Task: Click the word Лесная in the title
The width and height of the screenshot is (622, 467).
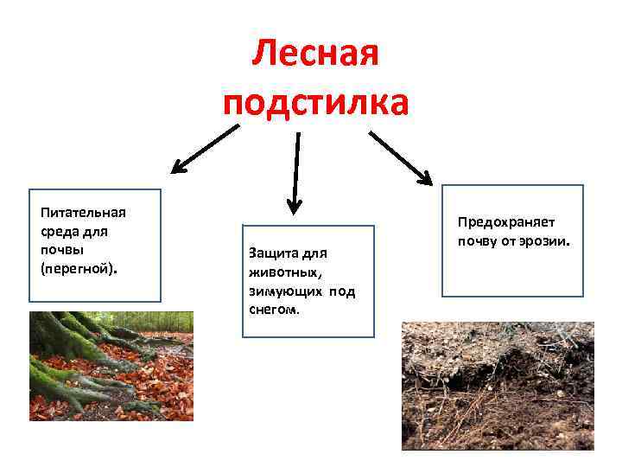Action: (x=315, y=55)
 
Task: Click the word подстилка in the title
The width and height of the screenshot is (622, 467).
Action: (x=315, y=103)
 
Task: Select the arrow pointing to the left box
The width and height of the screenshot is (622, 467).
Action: (x=206, y=148)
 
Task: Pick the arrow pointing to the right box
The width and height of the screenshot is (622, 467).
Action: (x=401, y=157)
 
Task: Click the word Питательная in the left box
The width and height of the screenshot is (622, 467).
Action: (x=83, y=213)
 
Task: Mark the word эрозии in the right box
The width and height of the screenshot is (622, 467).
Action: (x=543, y=240)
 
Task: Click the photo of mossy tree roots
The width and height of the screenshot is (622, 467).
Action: (x=111, y=366)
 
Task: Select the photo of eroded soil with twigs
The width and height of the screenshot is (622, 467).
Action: (x=498, y=386)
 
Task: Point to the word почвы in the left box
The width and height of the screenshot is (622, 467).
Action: (x=60, y=250)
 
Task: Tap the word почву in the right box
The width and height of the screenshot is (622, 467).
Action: (x=478, y=240)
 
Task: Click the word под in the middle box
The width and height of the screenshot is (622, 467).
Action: (x=342, y=291)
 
